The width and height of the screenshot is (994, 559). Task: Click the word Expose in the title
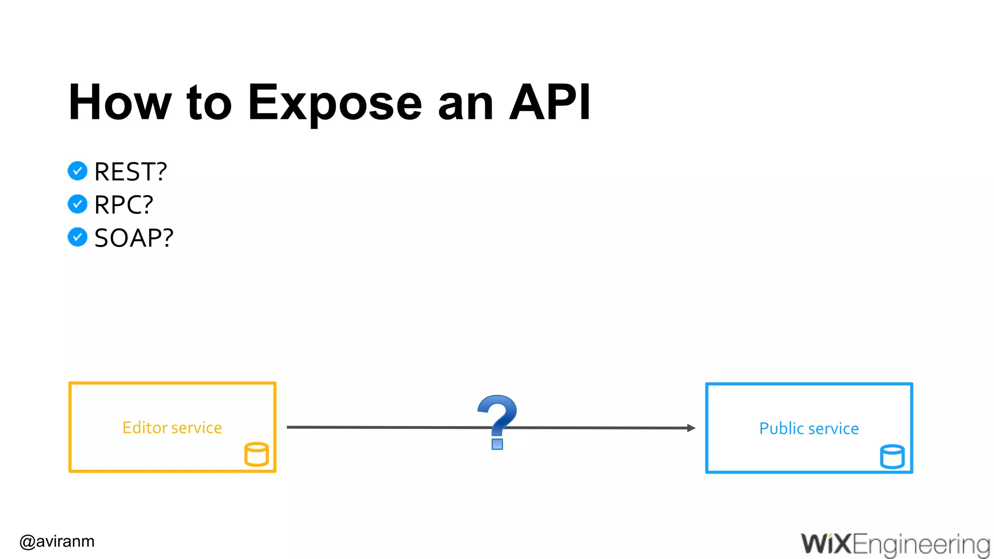click(x=335, y=103)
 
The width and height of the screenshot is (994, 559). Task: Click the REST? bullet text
click(x=131, y=172)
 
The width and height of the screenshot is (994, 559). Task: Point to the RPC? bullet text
click(x=124, y=205)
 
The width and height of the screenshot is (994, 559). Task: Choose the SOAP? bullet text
click(x=133, y=238)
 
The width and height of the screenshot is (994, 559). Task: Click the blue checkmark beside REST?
click(x=78, y=171)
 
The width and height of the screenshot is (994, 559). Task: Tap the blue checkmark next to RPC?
click(x=78, y=204)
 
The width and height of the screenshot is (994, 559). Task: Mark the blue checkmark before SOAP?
click(x=78, y=237)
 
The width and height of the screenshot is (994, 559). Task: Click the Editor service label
click(x=172, y=427)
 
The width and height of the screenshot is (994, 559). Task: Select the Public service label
click(x=809, y=428)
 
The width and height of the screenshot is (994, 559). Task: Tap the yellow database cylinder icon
click(x=256, y=454)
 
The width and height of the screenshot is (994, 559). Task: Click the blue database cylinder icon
click(x=892, y=457)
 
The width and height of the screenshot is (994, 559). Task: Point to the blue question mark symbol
click(x=497, y=420)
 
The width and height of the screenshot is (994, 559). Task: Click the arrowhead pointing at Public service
click(x=691, y=428)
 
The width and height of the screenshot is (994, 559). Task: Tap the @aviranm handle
click(x=57, y=541)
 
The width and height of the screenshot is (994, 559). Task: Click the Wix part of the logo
click(x=826, y=543)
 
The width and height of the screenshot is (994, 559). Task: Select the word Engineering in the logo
click(x=921, y=544)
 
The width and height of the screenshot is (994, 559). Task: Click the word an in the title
click(x=465, y=103)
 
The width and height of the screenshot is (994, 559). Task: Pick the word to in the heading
click(x=209, y=103)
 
